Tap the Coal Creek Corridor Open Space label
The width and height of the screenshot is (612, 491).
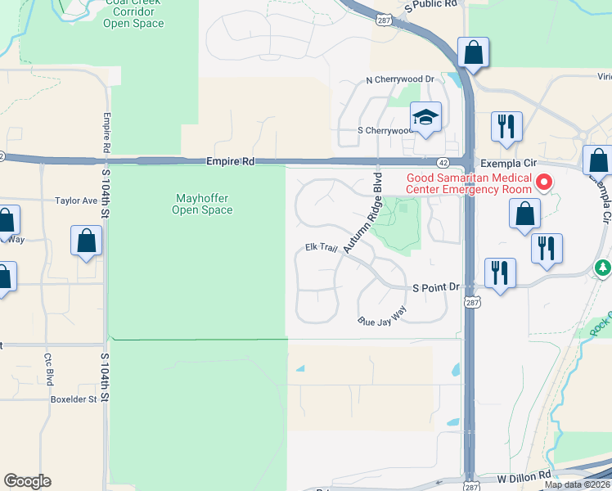tap(133, 16)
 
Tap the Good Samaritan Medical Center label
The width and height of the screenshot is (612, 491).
tap(469, 184)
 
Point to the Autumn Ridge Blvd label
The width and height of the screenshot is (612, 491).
tap(364, 212)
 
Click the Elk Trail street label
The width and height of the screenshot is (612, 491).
tap(322, 246)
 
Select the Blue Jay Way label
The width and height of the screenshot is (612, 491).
tap(382, 317)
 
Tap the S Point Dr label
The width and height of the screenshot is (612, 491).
tap(437, 288)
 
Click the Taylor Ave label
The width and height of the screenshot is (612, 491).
tap(76, 200)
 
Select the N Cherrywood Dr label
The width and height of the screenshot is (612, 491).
tap(399, 79)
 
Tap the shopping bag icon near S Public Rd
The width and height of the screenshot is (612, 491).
tap(473, 53)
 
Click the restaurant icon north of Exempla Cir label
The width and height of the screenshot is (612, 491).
tap(506, 126)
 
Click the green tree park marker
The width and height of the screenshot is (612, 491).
tap(603, 268)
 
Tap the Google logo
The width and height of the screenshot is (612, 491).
tap(28, 481)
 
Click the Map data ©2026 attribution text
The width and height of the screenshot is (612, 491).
tap(578, 484)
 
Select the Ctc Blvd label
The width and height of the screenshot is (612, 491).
tap(49, 376)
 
